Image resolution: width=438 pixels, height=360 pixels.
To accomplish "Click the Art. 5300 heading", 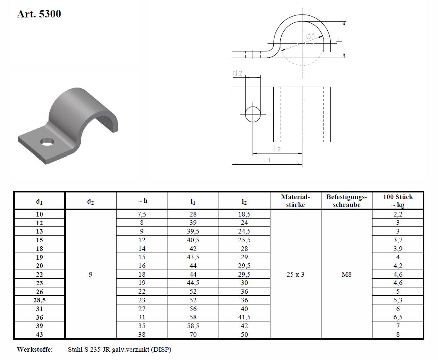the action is coord(39,14).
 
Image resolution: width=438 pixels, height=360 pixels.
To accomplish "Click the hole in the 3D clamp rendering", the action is coord(48,142).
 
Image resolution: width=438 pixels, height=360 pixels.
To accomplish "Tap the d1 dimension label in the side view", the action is coord(311,36).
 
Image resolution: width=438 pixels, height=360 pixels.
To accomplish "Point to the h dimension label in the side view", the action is coord(339,39).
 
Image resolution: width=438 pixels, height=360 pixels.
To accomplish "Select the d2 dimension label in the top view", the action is coord(237,73).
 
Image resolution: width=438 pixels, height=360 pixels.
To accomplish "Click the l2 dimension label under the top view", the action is coord(277,149).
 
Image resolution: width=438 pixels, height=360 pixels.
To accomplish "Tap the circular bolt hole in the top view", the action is coord(253,114).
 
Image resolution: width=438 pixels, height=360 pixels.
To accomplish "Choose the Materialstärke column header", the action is coord(295,200).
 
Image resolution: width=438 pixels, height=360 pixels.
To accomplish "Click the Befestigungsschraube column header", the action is coord(346,200).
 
